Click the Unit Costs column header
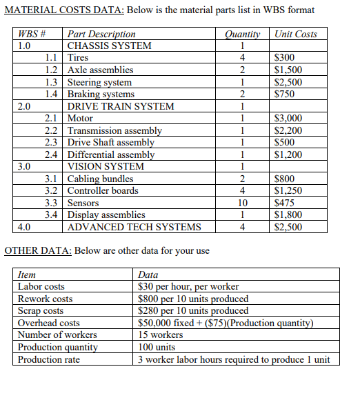click(295, 34)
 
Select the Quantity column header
click(242, 34)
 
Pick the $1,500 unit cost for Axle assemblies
click(288, 70)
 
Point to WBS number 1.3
click(50, 82)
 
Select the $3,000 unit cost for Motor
click(288, 119)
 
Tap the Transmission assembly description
click(114, 130)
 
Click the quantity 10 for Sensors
click(242, 203)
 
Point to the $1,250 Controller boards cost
click(288, 190)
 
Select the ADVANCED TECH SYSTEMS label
click(134, 227)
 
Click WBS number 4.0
click(24, 227)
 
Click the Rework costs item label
click(45, 299)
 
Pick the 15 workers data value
click(163, 335)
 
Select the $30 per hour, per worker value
click(188, 286)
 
